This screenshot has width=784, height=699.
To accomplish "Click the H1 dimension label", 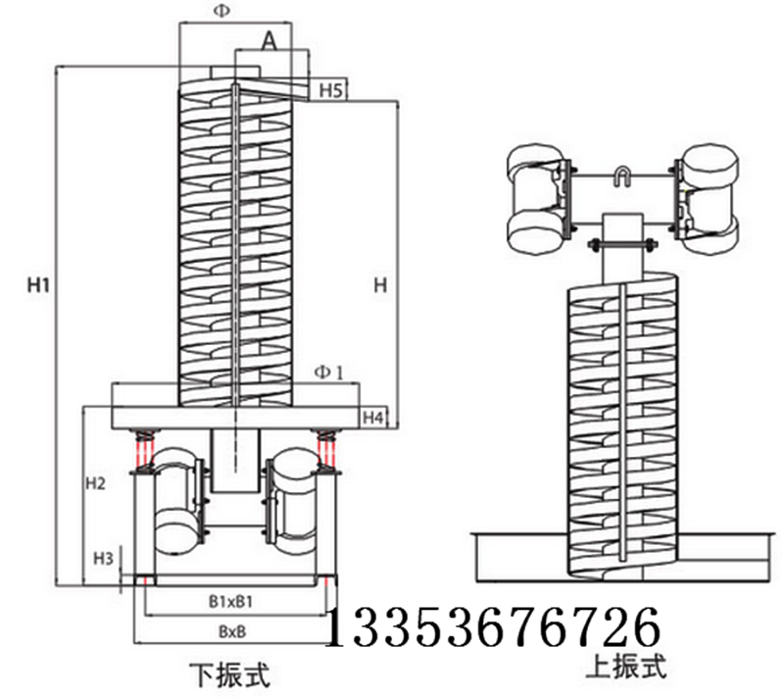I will click(38, 285).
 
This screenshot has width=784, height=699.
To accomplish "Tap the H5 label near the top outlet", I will click(330, 91).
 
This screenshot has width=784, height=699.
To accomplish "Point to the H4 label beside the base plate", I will click(372, 419).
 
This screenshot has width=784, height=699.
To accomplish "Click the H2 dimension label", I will click(95, 483).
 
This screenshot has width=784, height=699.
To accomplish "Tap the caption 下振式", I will click(227, 674).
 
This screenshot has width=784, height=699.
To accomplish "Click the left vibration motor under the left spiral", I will click(176, 500).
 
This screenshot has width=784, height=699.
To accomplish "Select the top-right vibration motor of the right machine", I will click(707, 199).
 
